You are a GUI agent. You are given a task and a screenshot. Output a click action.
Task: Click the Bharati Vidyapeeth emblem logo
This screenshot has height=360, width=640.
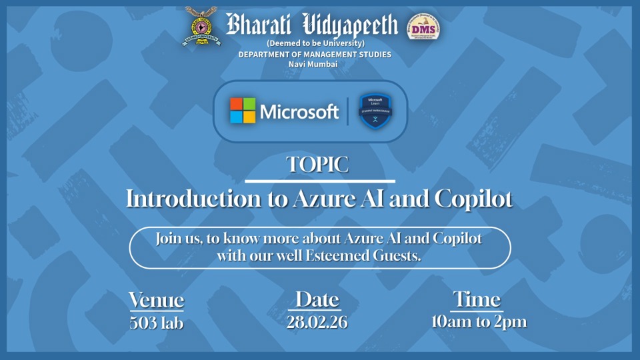click(201, 26)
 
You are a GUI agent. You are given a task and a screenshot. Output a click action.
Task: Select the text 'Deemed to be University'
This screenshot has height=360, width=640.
click(315, 43)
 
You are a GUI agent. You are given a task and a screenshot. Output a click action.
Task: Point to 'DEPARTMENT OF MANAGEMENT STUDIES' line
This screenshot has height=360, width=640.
click(315, 54)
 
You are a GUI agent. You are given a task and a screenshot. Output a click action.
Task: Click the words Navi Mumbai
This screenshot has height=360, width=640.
click(313, 64)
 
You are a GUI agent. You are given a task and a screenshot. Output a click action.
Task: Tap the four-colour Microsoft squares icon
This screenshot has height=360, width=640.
click(243, 111)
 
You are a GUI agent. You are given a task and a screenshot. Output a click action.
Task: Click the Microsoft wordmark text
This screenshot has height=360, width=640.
click(299, 111)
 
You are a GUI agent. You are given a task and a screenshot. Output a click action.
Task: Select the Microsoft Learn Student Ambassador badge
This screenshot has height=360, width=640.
click(375, 111)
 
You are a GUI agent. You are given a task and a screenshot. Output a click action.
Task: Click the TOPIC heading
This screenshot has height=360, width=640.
click(317, 165)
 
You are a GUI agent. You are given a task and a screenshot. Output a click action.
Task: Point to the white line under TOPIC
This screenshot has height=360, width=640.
click(320, 181)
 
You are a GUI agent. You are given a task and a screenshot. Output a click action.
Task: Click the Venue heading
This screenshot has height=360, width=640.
click(156, 300)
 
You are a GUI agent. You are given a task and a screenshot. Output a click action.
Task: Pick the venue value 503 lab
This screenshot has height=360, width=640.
click(156, 323)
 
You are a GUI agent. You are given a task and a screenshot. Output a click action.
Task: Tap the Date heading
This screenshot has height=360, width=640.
click(317, 299)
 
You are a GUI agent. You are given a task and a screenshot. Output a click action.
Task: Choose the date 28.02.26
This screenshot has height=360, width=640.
click(317, 323)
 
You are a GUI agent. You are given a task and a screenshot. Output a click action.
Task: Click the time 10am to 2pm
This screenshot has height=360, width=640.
click(479, 322)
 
